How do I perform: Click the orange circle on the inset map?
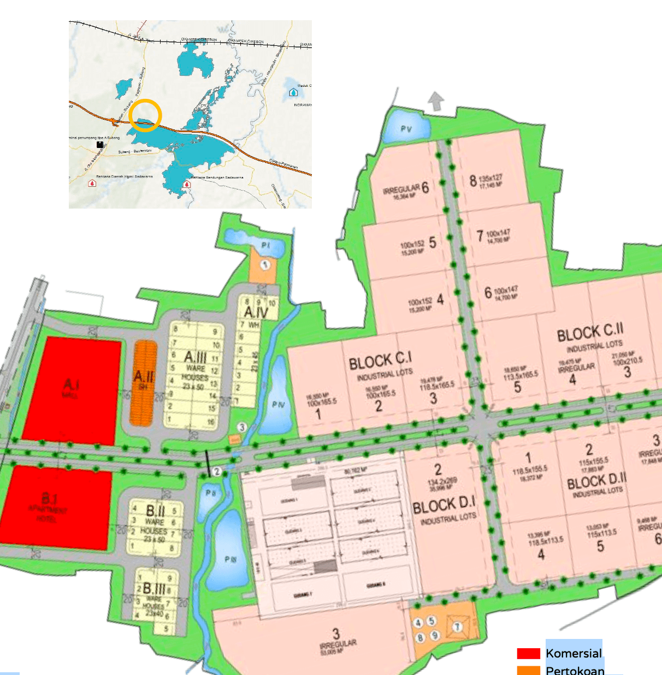(x=146, y=115)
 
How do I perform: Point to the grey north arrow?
(x=436, y=101)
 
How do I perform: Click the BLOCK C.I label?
(x=380, y=360)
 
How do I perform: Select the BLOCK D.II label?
(x=596, y=482)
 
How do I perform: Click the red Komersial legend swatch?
(x=528, y=653)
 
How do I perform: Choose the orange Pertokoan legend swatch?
(x=528, y=670)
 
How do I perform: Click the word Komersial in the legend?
(x=574, y=653)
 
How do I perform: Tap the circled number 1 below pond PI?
(x=265, y=265)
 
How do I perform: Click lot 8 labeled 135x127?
(x=486, y=181)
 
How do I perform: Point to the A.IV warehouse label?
(x=256, y=312)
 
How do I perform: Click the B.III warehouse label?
(x=154, y=589)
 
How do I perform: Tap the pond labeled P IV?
(x=278, y=404)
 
